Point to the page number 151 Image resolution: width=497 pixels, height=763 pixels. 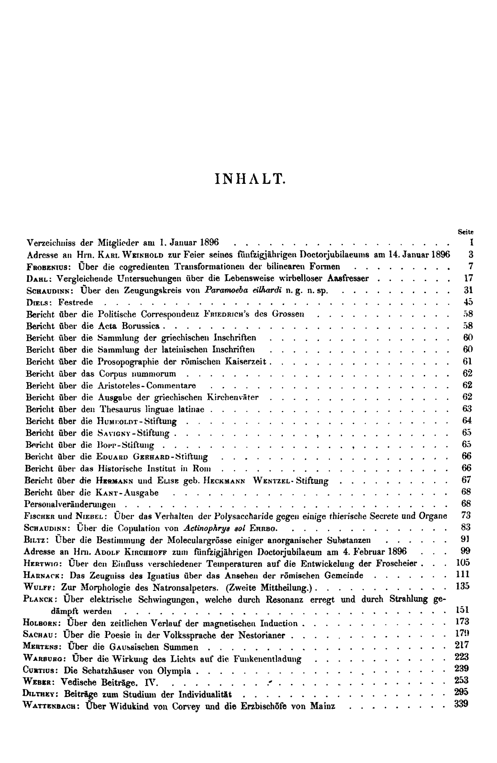[x=463, y=611]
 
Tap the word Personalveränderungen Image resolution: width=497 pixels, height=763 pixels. [x=70, y=504]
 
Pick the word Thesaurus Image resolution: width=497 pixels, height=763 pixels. [x=122, y=409]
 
